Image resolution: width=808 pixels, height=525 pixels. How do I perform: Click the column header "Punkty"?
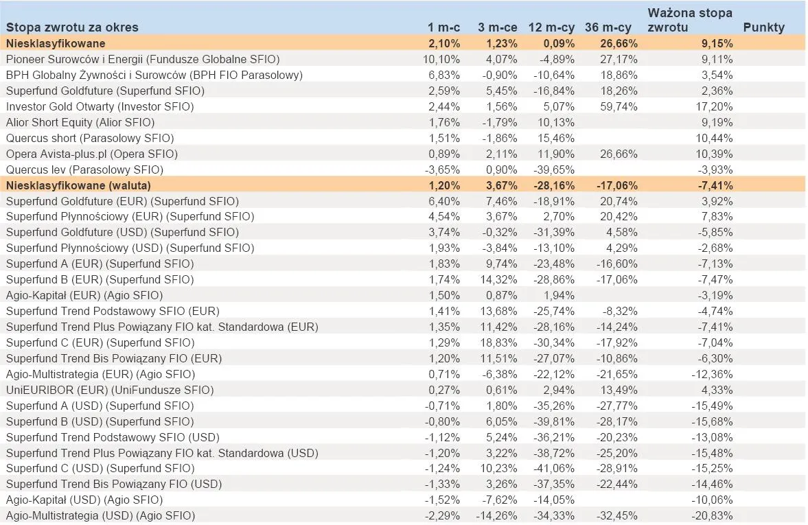click(763, 27)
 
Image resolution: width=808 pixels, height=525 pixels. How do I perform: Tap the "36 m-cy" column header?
click(608, 27)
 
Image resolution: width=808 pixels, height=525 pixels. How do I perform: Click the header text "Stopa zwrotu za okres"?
click(72, 27)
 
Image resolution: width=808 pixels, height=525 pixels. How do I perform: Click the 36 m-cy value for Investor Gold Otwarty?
click(620, 106)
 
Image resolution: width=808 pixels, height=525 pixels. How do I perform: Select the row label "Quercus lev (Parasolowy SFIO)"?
click(84, 170)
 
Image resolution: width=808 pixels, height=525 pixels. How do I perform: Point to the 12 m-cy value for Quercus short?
click(558, 138)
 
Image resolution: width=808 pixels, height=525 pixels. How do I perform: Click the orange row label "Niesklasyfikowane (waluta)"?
click(78, 185)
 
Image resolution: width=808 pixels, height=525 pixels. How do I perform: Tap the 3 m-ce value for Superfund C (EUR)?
click(499, 342)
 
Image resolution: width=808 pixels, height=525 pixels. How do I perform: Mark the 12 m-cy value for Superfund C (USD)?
click(557, 468)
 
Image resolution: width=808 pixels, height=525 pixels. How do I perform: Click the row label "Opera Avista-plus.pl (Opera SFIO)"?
click(91, 154)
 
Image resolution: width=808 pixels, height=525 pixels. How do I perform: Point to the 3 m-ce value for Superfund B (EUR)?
click(499, 279)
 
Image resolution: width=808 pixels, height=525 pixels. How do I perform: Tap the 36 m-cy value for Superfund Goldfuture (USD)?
click(623, 232)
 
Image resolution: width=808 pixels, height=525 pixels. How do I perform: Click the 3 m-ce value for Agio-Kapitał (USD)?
click(501, 500)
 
